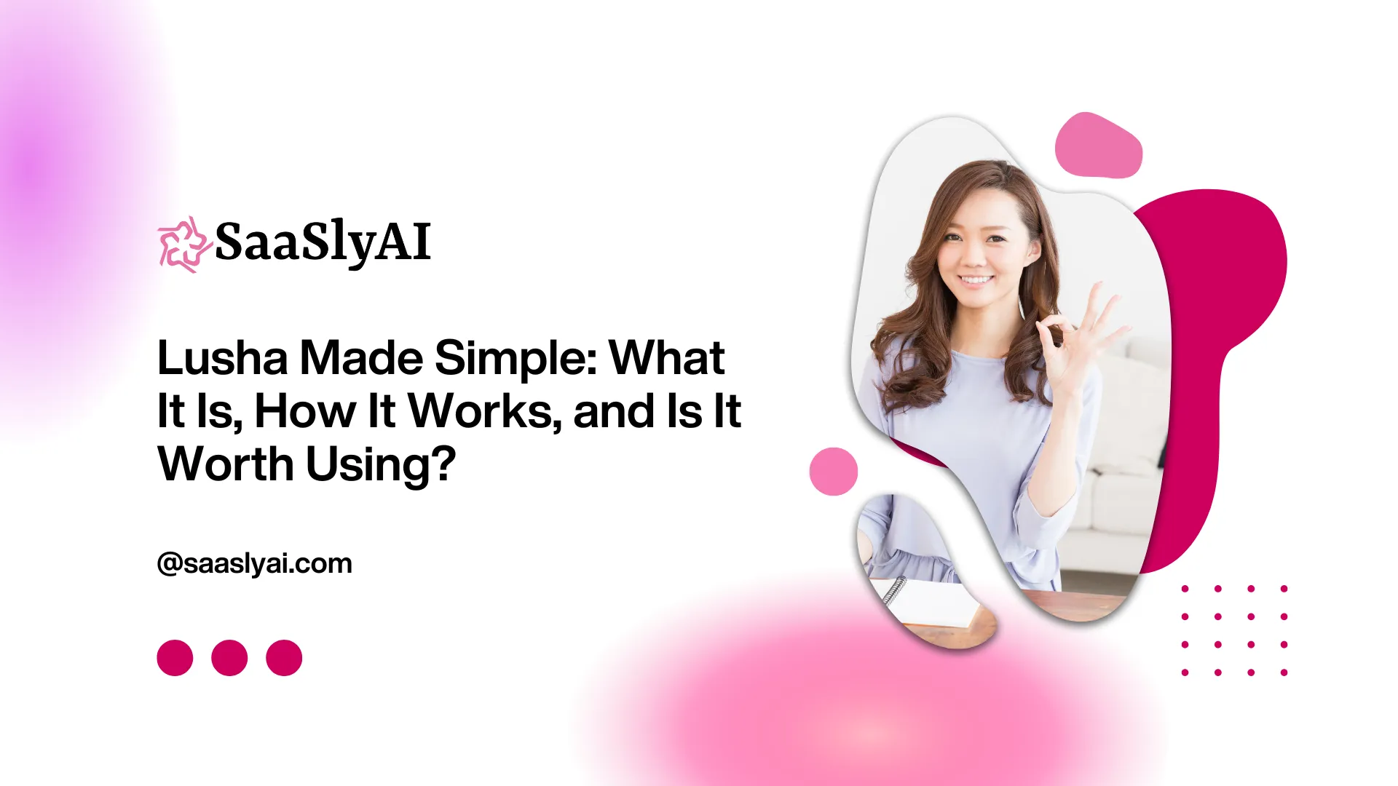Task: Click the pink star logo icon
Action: click(x=184, y=245)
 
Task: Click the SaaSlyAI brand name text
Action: click(x=323, y=243)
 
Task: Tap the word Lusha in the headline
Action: click(x=223, y=358)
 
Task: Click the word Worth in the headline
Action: click(x=226, y=464)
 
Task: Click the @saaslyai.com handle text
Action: click(x=255, y=564)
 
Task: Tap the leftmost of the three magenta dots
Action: click(x=175, y=658)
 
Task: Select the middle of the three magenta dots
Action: click(x=229, y=658)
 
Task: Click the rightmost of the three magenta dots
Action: click(x=284, y=658)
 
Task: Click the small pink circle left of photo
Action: click(x=834, y=472)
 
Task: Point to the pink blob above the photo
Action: click(x=1099, y=146)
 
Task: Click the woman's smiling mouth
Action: click(x=976, y=280)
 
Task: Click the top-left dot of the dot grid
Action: click(x=1185, y=589)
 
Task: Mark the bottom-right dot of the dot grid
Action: click(x=1284, y=672)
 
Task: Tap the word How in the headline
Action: click(x=305, y=412)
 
